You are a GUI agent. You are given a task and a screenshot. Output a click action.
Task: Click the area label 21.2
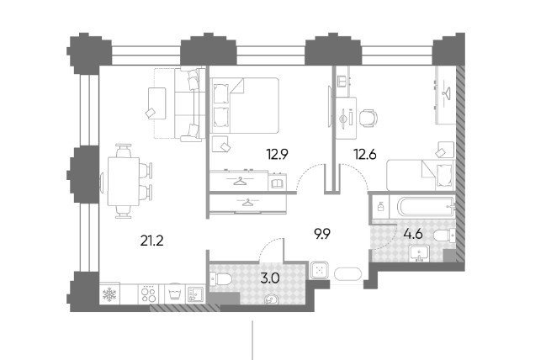(151, 241)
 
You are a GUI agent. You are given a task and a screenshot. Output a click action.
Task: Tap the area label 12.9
(277, 154)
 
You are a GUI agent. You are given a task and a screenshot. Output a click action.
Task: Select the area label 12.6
(365, 154)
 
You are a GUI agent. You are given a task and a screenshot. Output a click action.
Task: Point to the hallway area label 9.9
(322, 235)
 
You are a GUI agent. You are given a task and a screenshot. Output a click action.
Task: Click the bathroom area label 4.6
(413, 234)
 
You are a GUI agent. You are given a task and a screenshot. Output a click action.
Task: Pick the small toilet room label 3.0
(270, 278)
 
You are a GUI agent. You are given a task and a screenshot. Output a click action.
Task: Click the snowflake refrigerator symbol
(109, 294)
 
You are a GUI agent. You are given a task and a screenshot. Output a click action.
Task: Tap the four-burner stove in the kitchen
(149, 294)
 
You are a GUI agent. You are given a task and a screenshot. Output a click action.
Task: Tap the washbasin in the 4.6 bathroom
(419, 253)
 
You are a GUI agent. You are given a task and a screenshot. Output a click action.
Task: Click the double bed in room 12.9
(245, 105)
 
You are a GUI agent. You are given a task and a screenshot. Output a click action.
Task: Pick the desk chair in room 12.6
(368, 118)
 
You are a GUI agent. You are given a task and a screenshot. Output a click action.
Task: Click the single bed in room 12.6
(421, 175)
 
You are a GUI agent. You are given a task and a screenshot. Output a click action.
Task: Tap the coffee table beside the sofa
(157, 103)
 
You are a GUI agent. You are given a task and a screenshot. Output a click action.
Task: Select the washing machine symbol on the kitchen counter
(173, 294)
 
